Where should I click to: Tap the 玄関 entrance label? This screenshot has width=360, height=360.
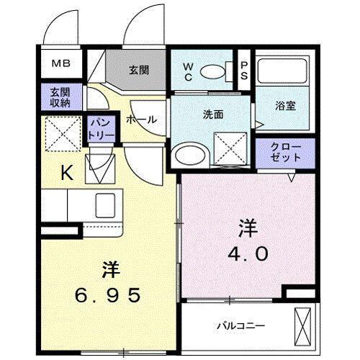(139, 70)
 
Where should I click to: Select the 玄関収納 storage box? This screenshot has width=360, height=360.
(60, 97)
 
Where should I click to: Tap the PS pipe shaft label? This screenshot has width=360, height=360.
(244, 70)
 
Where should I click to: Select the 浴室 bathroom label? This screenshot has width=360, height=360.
(285, 104)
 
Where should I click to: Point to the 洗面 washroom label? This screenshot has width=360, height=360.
(212, 113)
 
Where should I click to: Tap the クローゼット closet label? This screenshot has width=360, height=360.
(284, 150)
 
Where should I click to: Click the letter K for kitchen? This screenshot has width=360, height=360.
(66, 173)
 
